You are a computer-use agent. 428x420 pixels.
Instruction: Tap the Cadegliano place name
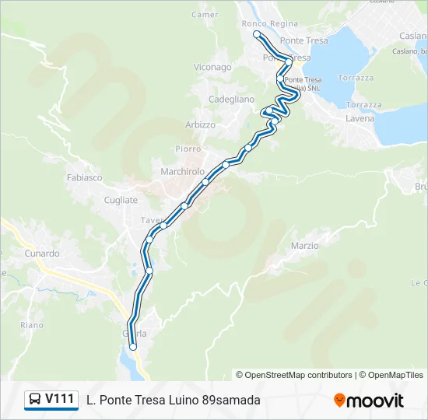(231, 100)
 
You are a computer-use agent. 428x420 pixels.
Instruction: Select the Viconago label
(212, 68)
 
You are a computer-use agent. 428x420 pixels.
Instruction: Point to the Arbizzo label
(200, 125)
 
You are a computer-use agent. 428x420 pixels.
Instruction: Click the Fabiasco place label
(85, 177)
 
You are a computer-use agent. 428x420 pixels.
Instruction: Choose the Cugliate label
(121, 200)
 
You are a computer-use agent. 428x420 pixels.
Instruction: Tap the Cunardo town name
(41, 254)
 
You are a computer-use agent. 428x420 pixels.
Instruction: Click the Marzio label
(304, 246)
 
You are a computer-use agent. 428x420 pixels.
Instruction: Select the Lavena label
(360, 119)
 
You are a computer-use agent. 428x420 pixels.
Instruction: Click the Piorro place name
(188, 149)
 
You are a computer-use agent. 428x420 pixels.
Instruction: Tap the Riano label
(32, 325)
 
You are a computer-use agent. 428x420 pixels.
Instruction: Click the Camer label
(205, 15)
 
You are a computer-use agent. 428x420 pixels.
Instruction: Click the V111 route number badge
(60, 400)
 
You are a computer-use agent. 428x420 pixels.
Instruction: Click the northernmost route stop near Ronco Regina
(257, 34)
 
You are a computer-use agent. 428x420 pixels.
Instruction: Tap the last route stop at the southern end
(133, 348)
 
